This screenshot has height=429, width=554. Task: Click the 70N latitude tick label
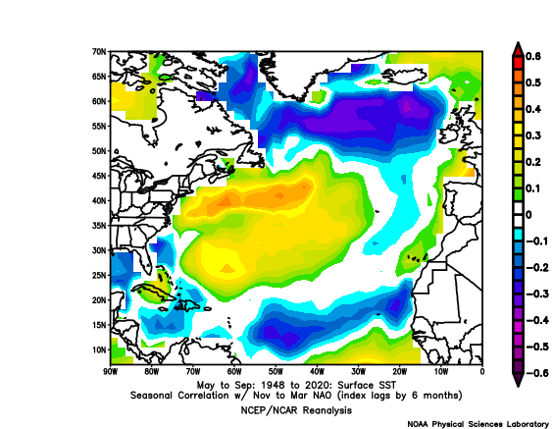(99, 52)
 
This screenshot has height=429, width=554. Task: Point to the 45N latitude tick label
(99, 176)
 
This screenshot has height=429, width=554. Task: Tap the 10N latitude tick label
(99, 350)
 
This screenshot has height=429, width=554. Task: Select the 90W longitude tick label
(110, 372)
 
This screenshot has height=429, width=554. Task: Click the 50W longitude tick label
(276, 372)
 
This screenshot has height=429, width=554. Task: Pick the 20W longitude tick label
(400, 372)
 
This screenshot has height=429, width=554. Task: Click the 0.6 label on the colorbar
(533, 57)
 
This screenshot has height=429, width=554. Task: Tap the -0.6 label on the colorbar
(537, 373)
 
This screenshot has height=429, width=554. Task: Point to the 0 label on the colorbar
(529, 215)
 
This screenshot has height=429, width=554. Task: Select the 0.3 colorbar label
(533, 135)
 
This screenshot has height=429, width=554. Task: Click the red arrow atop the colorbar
(518, 49)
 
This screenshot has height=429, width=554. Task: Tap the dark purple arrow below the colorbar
(518, 380)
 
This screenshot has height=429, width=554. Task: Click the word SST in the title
(388, 385)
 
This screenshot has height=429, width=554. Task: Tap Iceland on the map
(406, 75)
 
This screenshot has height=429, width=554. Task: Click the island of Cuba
(153, 291)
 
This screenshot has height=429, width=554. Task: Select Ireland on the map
(448, 134)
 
